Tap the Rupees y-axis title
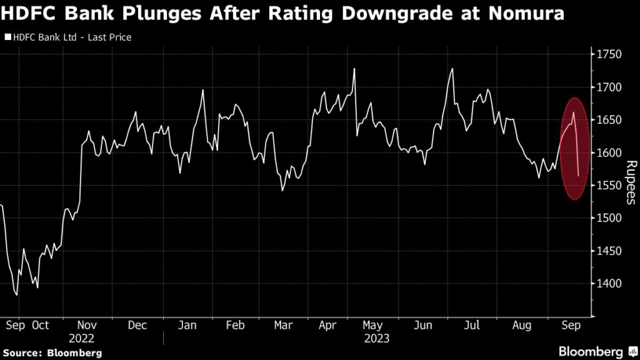(630, 182)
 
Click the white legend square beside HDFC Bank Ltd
(7, 37)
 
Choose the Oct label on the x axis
(40, 326)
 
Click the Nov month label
(87, 326)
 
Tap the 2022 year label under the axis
(87, 338)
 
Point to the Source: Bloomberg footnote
(51, 353)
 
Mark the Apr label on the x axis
(327, 326)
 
